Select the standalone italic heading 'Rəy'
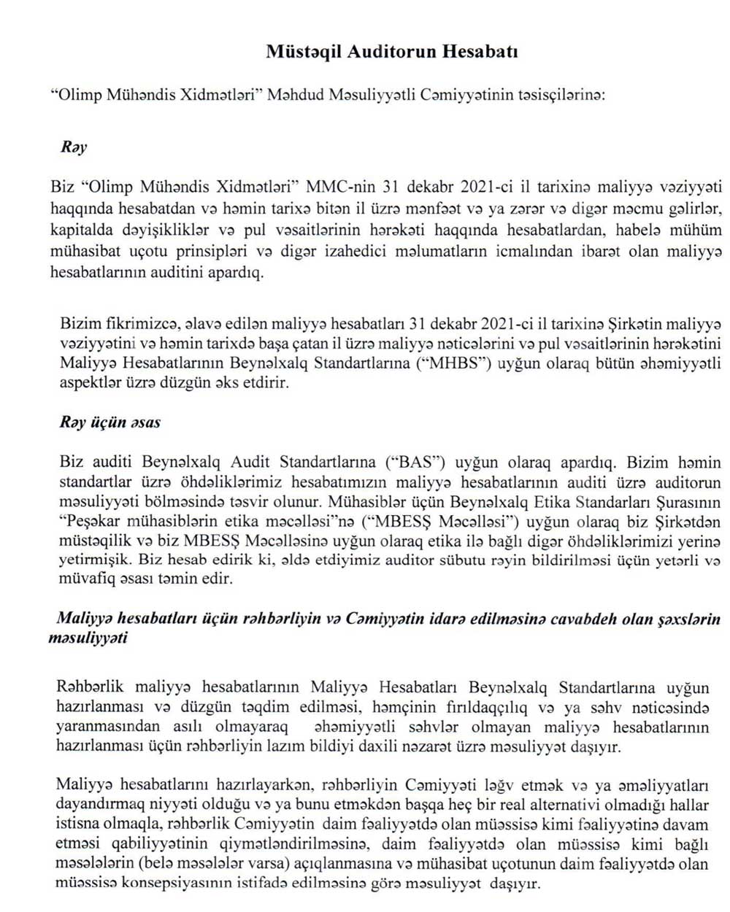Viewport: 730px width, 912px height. (x=74, y=147)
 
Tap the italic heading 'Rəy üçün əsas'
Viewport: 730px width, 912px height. (x=110, y=422)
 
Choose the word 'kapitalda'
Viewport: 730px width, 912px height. (x=80, y=230)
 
